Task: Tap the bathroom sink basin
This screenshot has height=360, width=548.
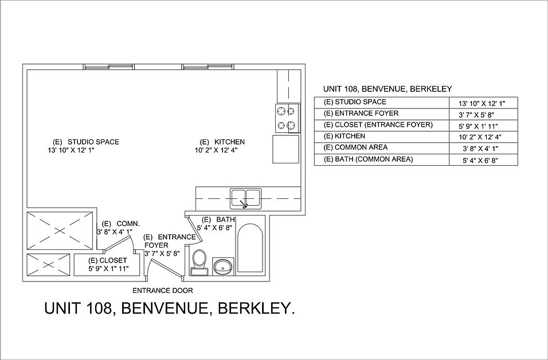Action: coord(223,265)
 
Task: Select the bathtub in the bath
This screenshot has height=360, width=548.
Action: coord(250,251)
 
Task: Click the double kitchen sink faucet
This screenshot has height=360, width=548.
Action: coord(245,203)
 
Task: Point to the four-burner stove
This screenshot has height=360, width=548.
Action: coord(285,118)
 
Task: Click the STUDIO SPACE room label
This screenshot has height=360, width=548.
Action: coord(93,142)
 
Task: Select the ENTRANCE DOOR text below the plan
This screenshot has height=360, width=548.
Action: coord(162,290)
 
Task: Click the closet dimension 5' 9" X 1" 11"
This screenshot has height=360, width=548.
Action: coord(108,268)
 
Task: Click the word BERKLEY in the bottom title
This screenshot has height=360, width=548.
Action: coord(258,310)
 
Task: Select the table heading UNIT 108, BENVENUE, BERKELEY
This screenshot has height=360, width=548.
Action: coord(388,89)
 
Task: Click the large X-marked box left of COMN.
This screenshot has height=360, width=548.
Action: coord(60,229)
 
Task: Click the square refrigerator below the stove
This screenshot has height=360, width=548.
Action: coord(285,150)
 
